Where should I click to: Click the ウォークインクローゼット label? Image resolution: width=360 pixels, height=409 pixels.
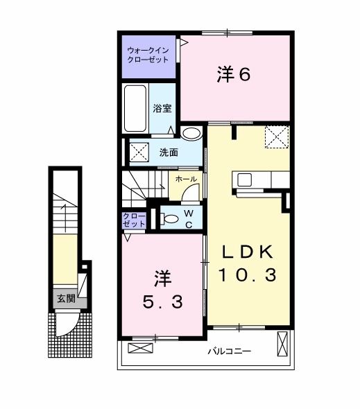click(148, 55)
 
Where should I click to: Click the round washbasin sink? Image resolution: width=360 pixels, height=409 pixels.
click(192, 133)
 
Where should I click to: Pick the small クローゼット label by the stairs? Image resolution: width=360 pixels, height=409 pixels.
click(134, 220)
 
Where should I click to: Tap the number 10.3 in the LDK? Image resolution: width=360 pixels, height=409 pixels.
click(248, 275)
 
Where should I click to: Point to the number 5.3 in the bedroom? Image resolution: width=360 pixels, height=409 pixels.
click(162, 302)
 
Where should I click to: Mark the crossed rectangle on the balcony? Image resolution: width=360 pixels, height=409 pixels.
click(282, 344)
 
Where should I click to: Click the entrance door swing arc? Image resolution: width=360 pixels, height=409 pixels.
click(68, 326)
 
